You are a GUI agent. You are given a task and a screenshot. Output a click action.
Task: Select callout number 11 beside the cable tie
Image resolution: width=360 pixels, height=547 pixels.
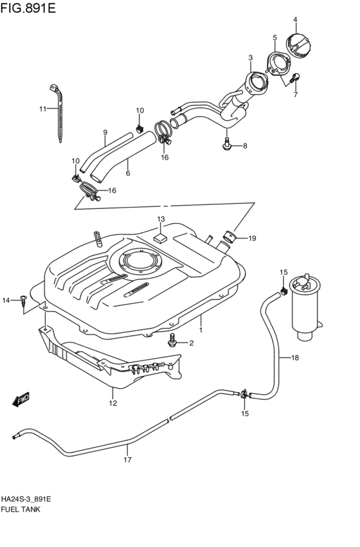42,109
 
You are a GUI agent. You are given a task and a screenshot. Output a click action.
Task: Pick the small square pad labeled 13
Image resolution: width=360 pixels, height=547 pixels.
161,238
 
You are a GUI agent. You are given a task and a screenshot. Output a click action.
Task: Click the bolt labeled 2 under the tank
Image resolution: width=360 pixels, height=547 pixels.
172,341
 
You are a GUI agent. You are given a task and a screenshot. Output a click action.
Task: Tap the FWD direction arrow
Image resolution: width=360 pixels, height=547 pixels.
21,399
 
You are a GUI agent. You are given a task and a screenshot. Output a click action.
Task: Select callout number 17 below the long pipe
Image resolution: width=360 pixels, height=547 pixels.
127,460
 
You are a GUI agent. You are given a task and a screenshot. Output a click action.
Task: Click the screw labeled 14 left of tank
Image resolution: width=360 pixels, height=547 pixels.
23,298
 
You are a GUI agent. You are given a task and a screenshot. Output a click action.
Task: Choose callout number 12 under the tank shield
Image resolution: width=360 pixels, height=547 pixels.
113,404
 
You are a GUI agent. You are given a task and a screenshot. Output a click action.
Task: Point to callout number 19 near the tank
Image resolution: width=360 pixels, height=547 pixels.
252,238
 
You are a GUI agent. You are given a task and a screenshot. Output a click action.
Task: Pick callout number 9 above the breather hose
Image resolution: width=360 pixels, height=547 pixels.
104,132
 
